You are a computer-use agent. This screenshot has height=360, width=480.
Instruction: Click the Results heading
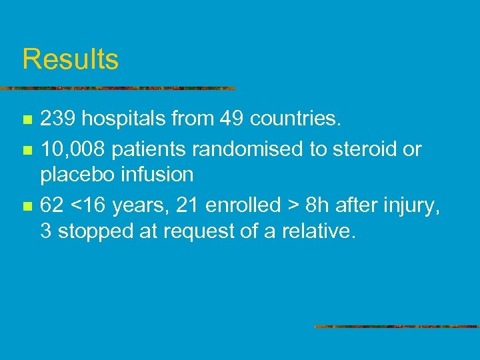(x=70, y=59)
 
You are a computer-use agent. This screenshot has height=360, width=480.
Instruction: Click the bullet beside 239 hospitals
(x=27, y=121)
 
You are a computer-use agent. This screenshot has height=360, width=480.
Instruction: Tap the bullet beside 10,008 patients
(x=27, y=150)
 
